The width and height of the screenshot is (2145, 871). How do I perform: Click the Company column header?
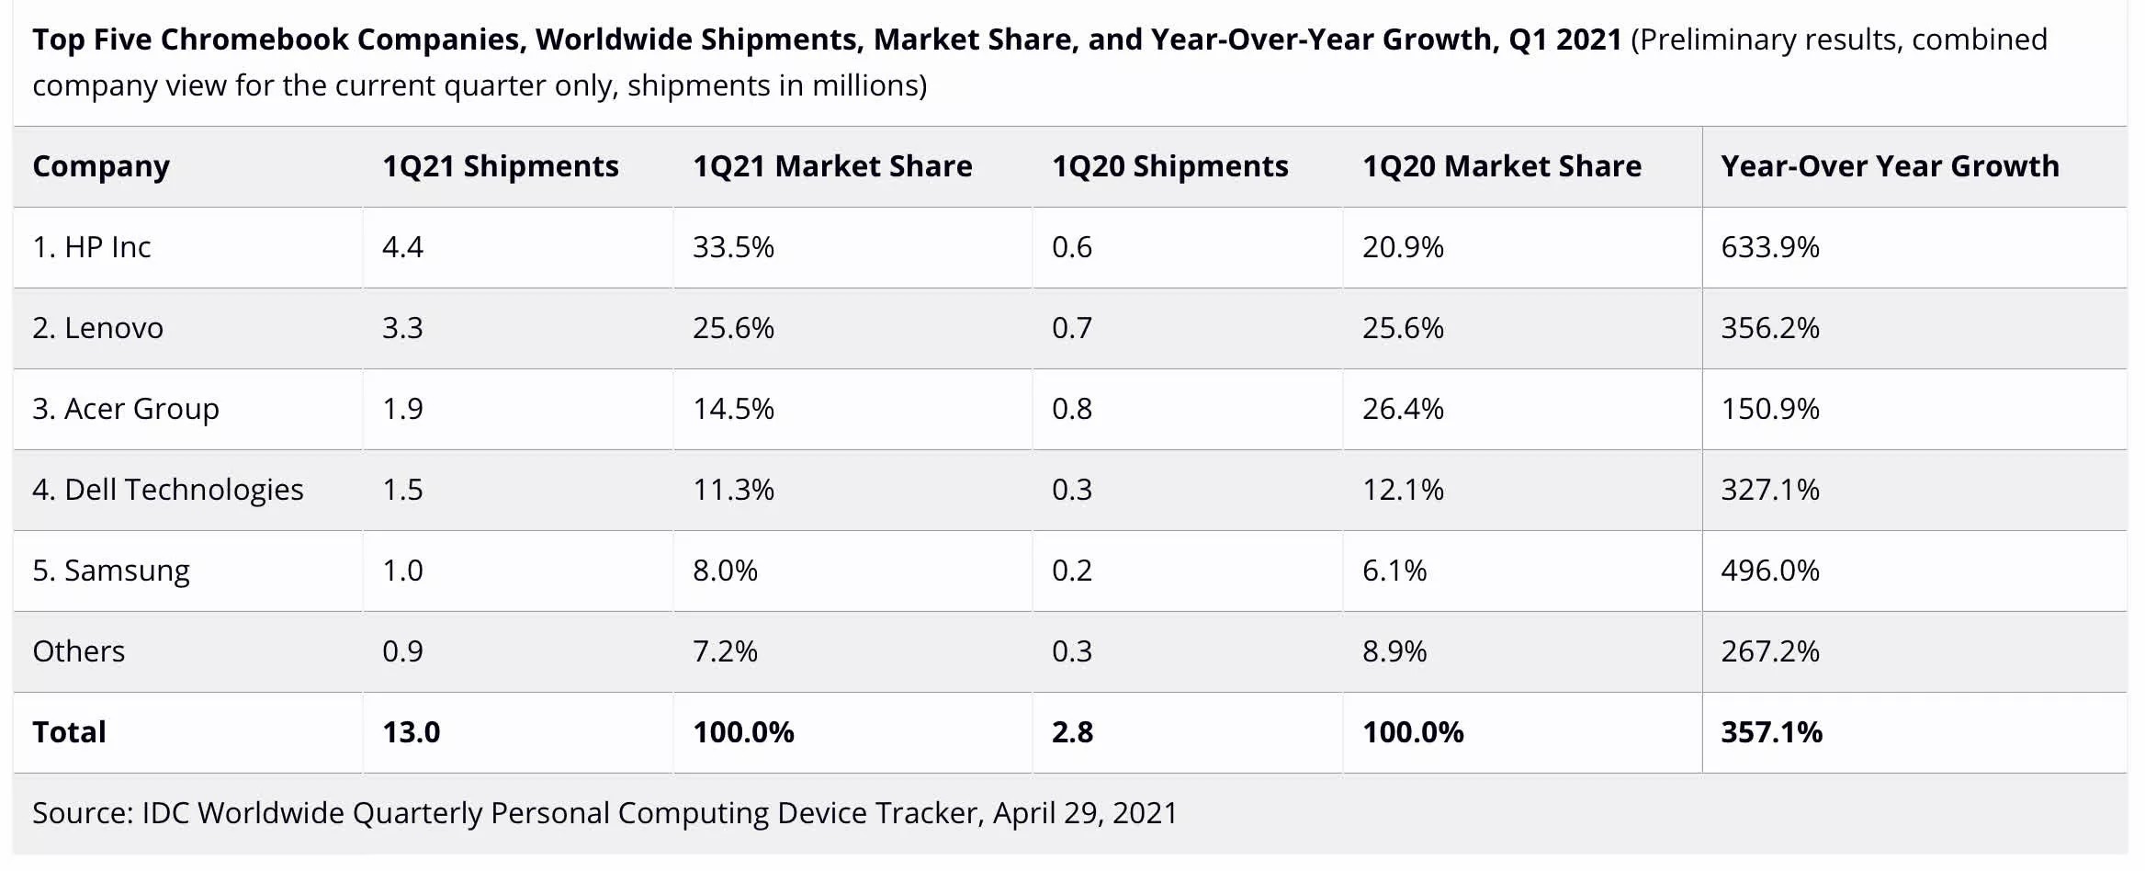(101, 166)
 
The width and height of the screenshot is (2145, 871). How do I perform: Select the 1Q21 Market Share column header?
(832, 166)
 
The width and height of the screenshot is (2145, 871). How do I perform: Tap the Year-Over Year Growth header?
(1890, 166)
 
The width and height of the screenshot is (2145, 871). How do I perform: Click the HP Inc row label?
(92, 247)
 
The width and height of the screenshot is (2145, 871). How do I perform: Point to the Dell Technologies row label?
(168, 490)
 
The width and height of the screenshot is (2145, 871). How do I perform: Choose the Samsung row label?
(111, 571)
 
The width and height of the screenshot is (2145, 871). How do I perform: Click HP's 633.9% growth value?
(1769, 247)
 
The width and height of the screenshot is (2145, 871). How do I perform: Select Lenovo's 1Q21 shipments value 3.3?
(402, 328)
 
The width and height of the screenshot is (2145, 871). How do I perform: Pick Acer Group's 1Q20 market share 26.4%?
(1403, 409)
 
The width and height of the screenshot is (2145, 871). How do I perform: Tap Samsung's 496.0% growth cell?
(1769, 571)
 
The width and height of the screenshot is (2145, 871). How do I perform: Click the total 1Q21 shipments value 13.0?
(411, 732)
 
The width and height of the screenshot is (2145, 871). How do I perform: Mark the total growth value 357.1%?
(1771, 732)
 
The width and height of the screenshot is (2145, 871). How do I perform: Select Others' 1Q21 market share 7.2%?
(725, 651)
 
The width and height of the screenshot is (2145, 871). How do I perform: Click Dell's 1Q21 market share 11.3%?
(733, 490)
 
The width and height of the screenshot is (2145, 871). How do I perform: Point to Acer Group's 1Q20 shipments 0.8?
(1072, 409)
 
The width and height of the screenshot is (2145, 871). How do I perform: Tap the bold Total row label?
(69, 732)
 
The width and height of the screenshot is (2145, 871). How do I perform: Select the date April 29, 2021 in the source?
(1085, 813)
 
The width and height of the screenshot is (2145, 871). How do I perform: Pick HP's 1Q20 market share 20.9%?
(1403, 247)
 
